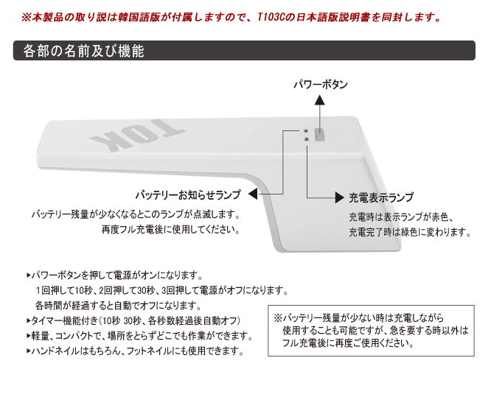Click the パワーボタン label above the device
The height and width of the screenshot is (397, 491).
pyautogui.click(x=321, y=85)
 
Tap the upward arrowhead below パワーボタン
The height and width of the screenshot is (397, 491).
pyautogui.click(x=319, y=99)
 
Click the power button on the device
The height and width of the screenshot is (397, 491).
pyautogui.click(x=320, y=135)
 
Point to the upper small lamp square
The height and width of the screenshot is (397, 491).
pyautogui.click(x=306, y=131)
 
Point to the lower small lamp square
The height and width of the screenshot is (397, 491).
pyautogui.click(x=306, y=139)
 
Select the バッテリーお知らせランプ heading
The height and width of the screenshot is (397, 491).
pyautogui.click(x=188, y=195)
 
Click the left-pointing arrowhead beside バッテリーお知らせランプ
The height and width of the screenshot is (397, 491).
pyautogui.click(x=253, y=194)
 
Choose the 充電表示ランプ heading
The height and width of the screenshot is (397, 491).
pyautogui.click(x=381, y=197)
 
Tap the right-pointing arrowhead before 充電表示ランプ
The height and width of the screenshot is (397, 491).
pyautogui.click(x=340, y=197)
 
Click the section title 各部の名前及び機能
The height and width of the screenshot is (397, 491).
pyautogui.click(x=83, y=51)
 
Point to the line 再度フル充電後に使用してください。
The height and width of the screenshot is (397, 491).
pyautogui.click(x=171, y=230)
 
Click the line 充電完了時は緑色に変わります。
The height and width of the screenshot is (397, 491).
pyautogui.click(x=410, y=232)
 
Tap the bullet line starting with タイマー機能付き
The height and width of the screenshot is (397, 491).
pyautogui.click(x=133, y=320)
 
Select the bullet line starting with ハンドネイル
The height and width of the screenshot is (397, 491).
pyautogui.click(x=135, y=351)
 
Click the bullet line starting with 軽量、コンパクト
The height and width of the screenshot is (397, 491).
pyautogui.click(x=139, y=336)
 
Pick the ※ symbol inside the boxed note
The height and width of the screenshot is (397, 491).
pyautogui.click(x=278, y=318)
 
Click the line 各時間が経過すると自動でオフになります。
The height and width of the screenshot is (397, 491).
pyautogui.click(x=118, y=306)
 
